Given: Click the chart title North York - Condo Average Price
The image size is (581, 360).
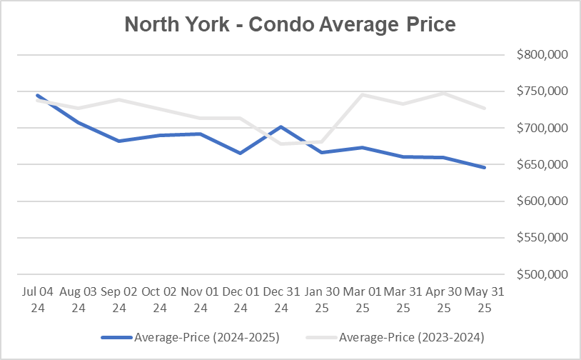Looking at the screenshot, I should point(290,26).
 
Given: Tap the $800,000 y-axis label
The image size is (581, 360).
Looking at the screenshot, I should point(537,54).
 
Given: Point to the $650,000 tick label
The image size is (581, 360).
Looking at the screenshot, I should point(537,164).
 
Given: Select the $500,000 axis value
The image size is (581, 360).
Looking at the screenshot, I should point(537,274).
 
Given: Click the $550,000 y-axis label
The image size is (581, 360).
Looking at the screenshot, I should point(537,238).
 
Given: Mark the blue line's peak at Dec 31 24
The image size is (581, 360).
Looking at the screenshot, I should point(281,127).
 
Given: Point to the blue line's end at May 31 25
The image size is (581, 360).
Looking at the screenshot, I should point(485,168).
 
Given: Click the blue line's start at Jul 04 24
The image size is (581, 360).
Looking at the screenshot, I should point(36,95).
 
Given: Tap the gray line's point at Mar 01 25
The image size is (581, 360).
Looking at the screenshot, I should point(363,95).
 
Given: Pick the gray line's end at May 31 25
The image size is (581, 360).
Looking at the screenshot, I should point(485,109).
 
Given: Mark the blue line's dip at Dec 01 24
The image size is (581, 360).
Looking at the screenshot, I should point(241,153).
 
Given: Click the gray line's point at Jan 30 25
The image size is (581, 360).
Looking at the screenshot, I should point(323,142).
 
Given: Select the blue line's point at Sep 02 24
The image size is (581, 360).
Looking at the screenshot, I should point(118,141).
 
